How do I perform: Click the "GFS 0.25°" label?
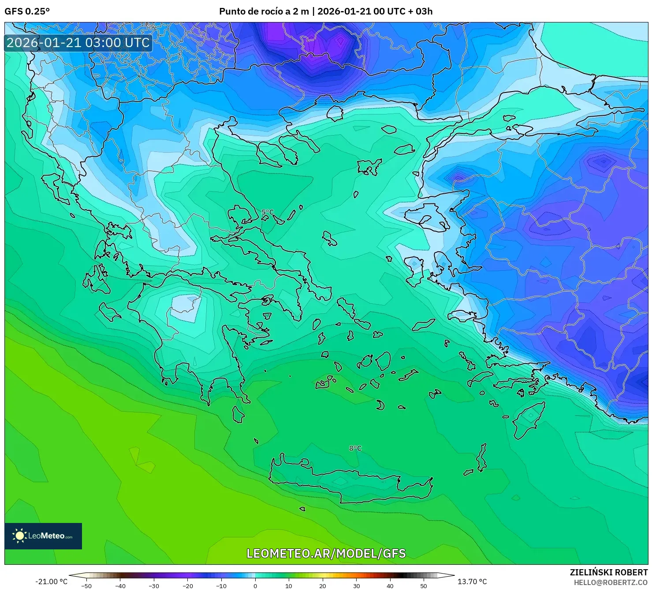[27, 11]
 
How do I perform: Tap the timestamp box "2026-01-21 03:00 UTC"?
[78, 43]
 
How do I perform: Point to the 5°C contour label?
[267, 212]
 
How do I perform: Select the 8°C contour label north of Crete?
[355, 448]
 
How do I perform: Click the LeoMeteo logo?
[43, 536]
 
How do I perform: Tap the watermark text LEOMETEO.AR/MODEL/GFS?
[326, 553]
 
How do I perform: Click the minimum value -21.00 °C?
[51, 582]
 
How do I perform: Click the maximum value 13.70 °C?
[472, 582]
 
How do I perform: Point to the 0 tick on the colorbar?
[255, 585]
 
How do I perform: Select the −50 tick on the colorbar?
[86, 585]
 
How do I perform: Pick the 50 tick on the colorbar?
[424, 585]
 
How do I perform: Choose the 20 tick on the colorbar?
[323, 585]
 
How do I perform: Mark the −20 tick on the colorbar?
[188, 585]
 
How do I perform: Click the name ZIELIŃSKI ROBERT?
[608, 572]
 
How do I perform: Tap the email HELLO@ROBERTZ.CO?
[610, 582]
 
